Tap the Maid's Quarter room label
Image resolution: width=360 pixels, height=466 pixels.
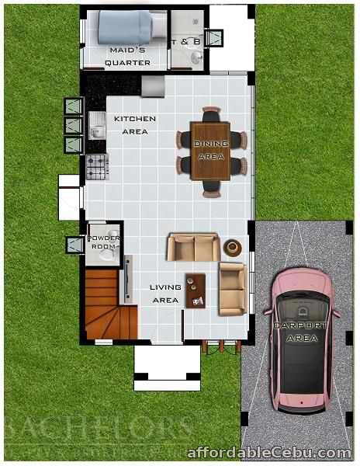coord(127,57)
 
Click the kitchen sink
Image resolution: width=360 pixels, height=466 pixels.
coord(97,125)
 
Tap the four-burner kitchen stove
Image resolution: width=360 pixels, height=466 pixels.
coord(96,165)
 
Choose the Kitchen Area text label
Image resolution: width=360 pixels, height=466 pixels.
coord(135,125)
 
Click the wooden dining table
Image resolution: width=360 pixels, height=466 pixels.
coord(211,151)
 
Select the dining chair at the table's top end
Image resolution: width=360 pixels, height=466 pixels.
coord(211,115)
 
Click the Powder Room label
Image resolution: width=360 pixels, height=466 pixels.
coord(103,242)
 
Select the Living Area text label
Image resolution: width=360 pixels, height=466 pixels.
coord(165,293)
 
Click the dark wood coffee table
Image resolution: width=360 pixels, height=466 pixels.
coord(195,290)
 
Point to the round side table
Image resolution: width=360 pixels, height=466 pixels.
coord(232,248)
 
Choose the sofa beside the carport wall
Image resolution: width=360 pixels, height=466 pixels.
coord(231,288)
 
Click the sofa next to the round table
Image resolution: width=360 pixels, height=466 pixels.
coord(193,248)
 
